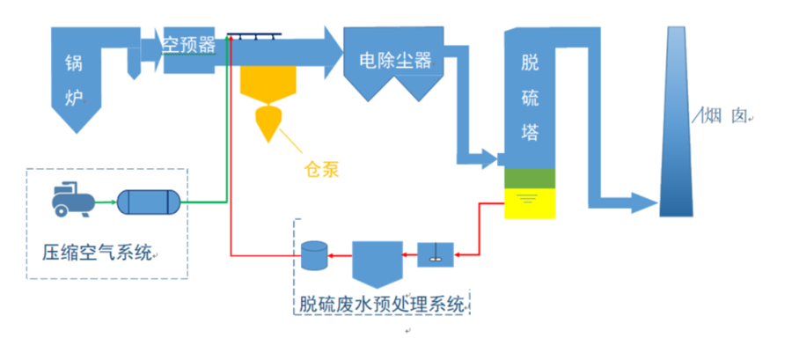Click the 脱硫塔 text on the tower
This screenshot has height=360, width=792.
(530, 97)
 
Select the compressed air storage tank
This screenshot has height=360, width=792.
(148, 202)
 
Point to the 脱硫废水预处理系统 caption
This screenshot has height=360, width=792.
(382, 305)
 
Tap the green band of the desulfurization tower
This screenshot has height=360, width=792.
(530, 177)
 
